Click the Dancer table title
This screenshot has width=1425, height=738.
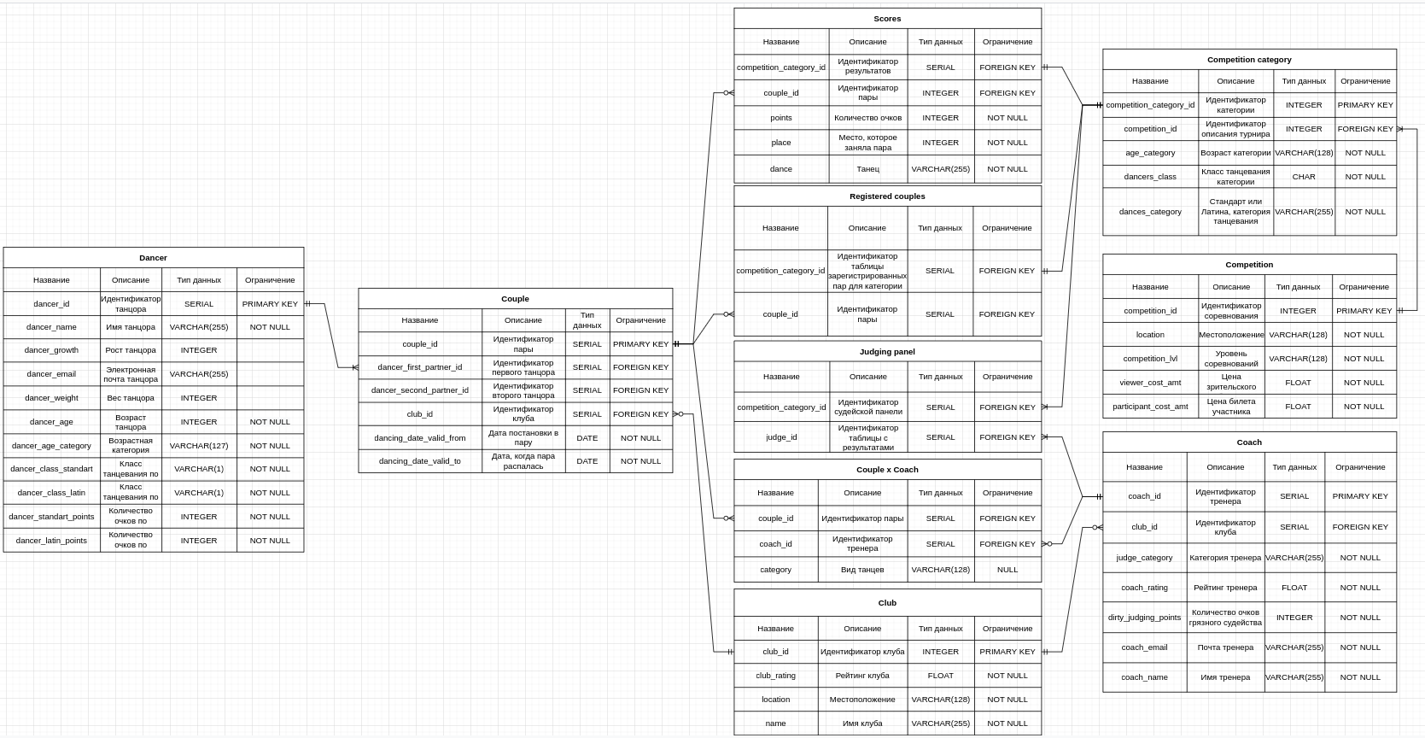153,258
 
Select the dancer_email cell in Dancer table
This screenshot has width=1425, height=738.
51,374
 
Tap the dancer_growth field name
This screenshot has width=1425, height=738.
51,350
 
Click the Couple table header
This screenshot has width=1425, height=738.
515,299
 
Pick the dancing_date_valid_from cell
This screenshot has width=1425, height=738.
419,438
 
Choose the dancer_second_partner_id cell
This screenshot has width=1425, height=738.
419,390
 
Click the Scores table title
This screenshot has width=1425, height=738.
887,19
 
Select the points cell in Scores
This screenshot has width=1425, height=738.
780,118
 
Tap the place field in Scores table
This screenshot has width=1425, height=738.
780,143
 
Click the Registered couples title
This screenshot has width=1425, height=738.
887,196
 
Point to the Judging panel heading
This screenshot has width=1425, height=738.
887,352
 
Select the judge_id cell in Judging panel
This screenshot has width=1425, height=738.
780,437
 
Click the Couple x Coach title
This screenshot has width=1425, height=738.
887,470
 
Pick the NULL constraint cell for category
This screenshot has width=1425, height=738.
1007,570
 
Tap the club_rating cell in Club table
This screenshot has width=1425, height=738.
775,676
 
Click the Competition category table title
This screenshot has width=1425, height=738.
1249,60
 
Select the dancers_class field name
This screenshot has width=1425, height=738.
1149,177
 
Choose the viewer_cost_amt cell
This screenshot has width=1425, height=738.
1149,383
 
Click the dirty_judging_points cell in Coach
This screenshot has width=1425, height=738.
1144,618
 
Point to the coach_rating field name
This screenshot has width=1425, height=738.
1144,588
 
